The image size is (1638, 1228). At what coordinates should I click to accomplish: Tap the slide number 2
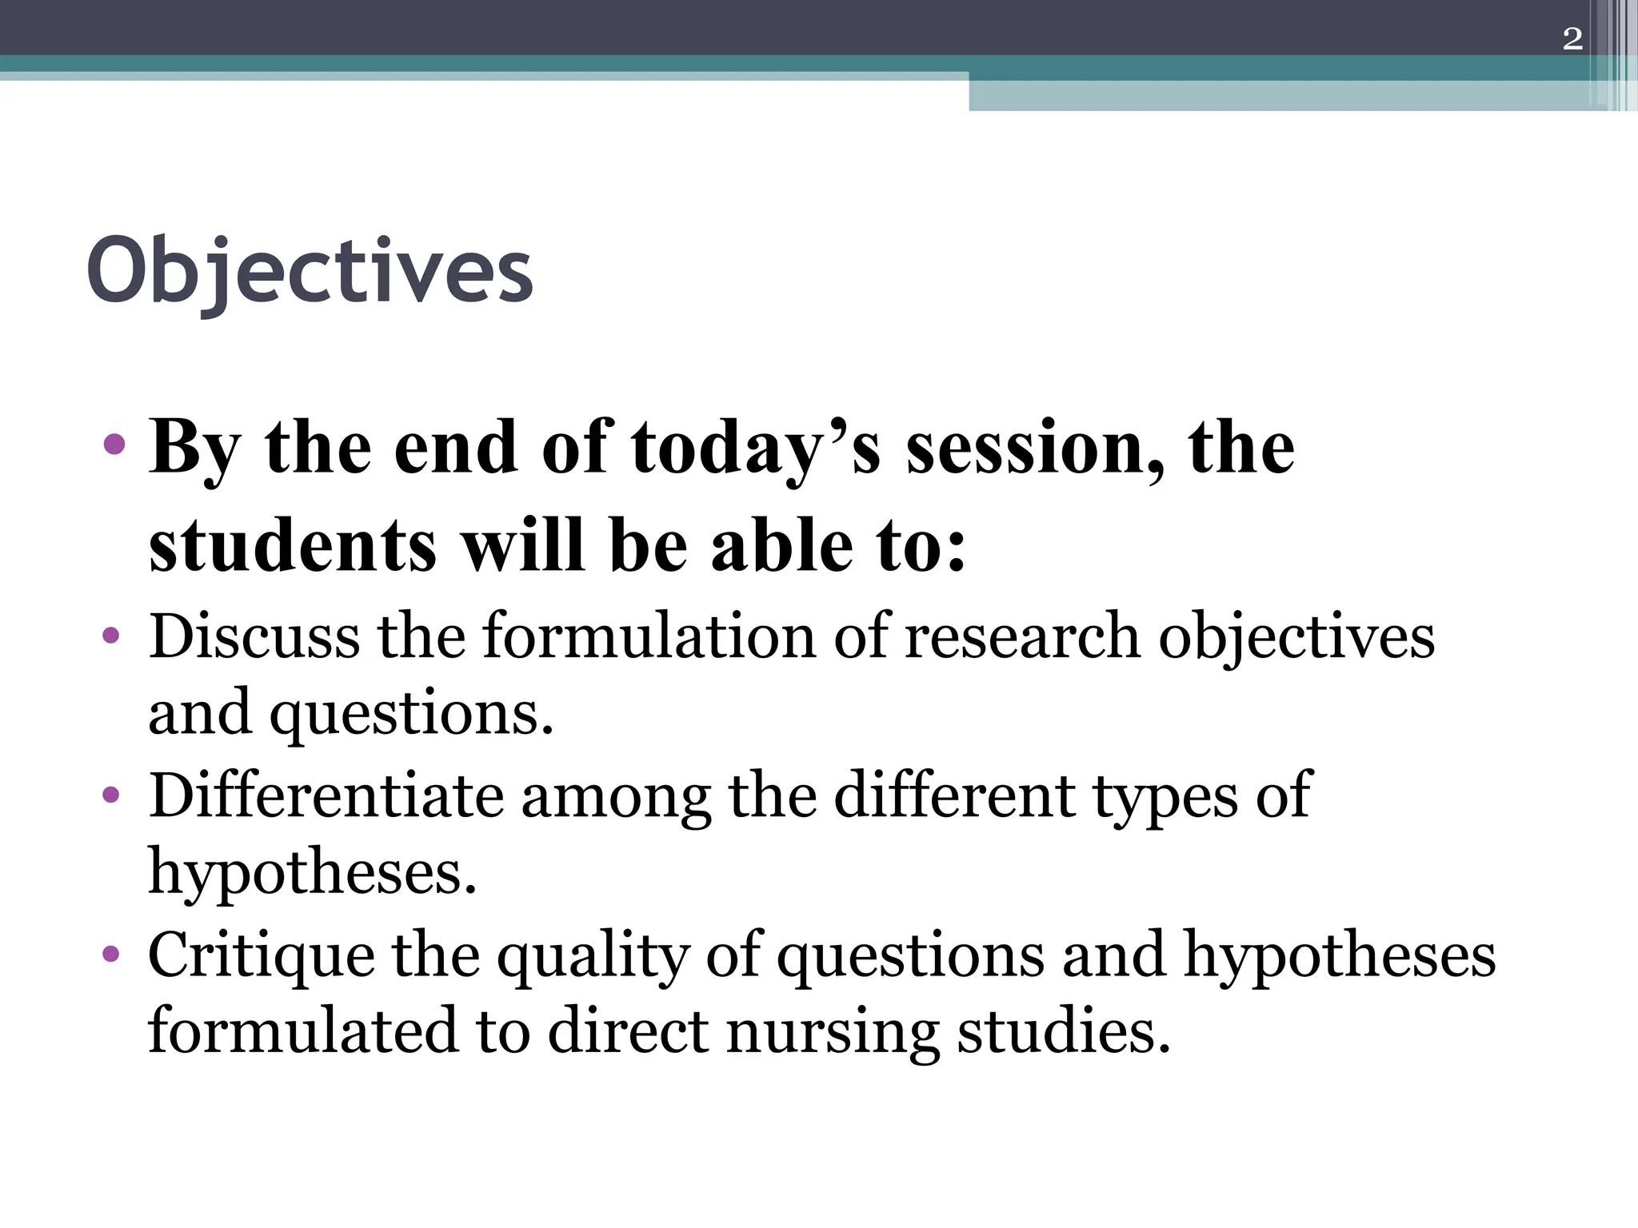(x=1572, y=38)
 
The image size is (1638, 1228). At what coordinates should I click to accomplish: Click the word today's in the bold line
(x=756, y=448)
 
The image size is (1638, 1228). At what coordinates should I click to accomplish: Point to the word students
(x=293, y=546)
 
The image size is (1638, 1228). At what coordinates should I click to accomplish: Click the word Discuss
(x=254, y=636)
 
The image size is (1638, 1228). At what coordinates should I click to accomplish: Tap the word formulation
(x=649, y=636)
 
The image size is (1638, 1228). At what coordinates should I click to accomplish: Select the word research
(x=1021, y=636)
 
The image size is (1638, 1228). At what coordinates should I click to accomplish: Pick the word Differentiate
(x=326, y=795)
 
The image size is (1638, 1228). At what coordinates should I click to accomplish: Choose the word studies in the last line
(x=1064, y=1031)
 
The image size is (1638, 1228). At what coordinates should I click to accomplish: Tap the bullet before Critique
(x=111, y=954)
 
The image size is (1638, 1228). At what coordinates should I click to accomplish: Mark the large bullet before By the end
(x=114, y=445)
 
